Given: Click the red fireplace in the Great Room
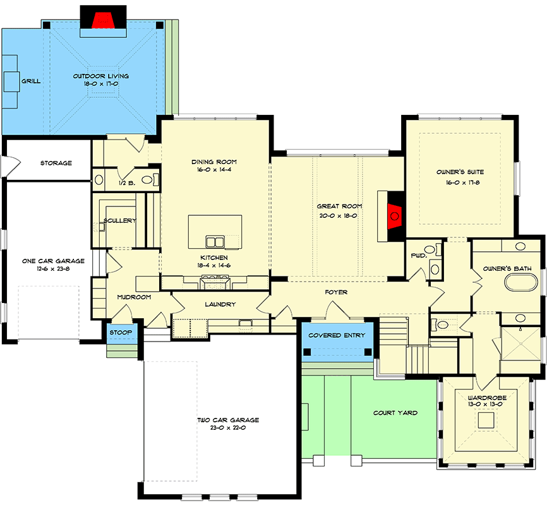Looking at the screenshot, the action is coord(395,217).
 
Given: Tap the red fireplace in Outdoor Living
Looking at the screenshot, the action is coord(103,20).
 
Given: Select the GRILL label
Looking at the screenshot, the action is coord(31,81).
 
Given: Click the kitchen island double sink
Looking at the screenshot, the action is coord(215,241).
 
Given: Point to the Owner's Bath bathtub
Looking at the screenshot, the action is coord(521,282).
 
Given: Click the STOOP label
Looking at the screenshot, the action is coord(121,333).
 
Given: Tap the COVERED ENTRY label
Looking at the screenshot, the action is coord(337,335).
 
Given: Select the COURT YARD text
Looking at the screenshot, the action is coord(395,413).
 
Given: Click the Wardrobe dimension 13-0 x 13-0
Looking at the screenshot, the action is coord(485,404).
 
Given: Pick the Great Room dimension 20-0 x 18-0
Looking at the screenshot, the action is coord(339,215).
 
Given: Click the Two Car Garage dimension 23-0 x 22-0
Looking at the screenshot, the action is coord(228,427).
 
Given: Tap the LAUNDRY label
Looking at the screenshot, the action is coord(220,304).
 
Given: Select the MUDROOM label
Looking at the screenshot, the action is coord(134,297).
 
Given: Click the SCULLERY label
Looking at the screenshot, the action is coord(119,220).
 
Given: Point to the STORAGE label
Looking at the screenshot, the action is coord(56,163).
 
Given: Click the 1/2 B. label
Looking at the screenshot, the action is coord(127,183).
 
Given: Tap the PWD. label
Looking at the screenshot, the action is coord(419,256).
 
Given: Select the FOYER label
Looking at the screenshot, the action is coord(336,292).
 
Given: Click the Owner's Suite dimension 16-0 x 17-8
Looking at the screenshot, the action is coord(462,182).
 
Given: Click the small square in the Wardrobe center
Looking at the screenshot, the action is coord(486,420).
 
